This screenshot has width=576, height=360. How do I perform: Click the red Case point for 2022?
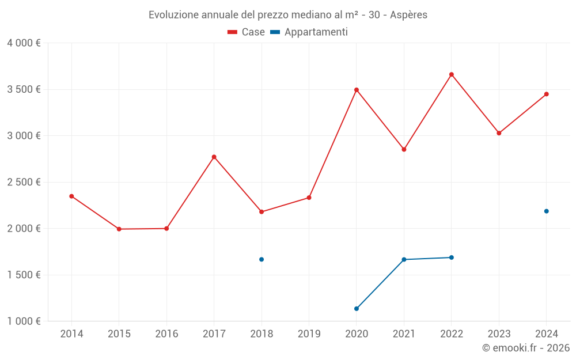click(x=452, y=74)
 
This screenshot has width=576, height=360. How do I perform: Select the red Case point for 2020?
click(x=357, y=90)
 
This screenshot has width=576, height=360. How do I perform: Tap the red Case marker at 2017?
click(x=214, y=157)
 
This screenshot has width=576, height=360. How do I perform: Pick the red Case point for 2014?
click(x=71, y=196)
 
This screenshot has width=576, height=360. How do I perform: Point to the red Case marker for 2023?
click(x=499, y=133)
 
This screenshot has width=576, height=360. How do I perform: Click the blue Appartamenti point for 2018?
click(x=262, y=259)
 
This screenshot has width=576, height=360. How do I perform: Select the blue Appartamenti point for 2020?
click(x=357, y=309)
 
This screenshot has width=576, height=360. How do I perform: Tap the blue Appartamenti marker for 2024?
click(x=546, y=211)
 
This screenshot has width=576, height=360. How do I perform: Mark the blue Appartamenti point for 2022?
click(x=452, y=257)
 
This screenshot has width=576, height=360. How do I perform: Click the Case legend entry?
click(x=247, y=32)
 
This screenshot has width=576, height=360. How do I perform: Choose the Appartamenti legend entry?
click(x=309, y=32)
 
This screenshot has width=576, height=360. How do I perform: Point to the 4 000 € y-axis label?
click(x=24, y=43)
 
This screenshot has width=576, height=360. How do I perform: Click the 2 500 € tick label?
click(x=24, y=182)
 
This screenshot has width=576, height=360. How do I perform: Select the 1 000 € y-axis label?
click(x=24, y=321)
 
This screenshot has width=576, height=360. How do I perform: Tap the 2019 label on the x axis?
click(x=309, y=334)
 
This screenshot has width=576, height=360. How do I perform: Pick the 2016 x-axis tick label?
click(x=166, y=334)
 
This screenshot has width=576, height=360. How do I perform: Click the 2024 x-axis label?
click(x=546, y=334)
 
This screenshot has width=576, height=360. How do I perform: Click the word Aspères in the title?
click(x=408, y=15)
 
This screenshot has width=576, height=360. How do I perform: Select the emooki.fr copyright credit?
click(x=526, y=348)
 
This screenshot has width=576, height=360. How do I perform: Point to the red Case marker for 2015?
click(x=119, y=229)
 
